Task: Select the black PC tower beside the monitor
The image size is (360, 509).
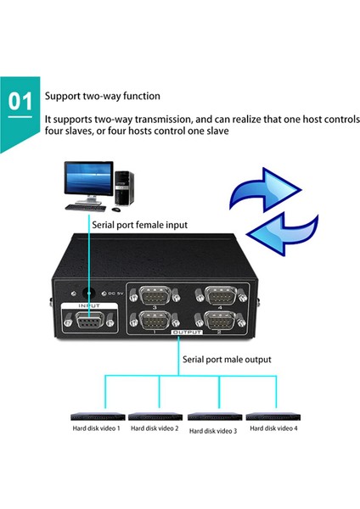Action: click(125, 188)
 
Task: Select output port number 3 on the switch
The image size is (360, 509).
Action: click(155, 296)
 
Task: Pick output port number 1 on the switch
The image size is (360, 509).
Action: click(155, 322)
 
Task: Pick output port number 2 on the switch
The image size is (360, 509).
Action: click(219, 322)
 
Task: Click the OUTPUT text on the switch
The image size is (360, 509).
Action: click(185, 336)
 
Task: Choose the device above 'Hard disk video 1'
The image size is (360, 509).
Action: click(95, 417)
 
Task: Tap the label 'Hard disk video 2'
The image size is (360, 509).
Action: click(154, 428)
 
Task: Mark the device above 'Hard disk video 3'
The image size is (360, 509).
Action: click(212, 417)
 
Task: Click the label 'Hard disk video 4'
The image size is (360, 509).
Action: click(273, 428)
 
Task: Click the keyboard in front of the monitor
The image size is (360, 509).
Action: click(87, 207)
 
